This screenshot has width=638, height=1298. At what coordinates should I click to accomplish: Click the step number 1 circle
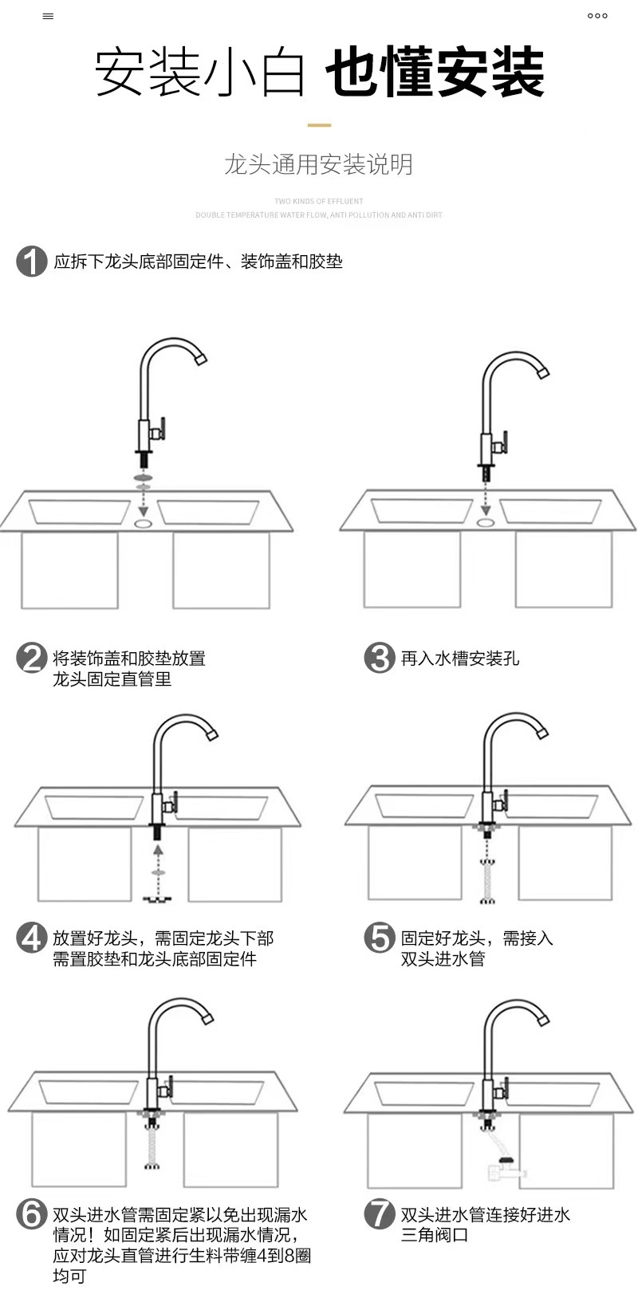tap(32, 262)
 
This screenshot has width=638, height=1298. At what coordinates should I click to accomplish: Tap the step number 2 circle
tap(32, 659)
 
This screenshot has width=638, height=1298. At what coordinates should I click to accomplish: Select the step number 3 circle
tap(380, 659)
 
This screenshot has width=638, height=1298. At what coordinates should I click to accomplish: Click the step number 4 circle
tap(32, 938)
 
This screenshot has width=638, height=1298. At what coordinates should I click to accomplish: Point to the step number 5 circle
tap(380, 938)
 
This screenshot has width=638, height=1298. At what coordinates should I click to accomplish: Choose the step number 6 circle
tap(32, 1214)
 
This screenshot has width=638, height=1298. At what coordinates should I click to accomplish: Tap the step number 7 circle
tap(380, 1214)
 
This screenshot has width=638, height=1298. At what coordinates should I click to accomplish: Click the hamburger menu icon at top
tap(48, 16)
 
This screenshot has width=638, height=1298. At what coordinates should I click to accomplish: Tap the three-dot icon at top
tap(597, 16)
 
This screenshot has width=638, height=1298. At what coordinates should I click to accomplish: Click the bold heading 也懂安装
tap(435, 73)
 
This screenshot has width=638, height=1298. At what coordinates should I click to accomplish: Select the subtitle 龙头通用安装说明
tap(318, 165)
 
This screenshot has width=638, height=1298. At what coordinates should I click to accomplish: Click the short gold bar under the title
tap(319, 125)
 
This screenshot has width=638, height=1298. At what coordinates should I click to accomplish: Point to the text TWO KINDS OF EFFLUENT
tap(318, 202)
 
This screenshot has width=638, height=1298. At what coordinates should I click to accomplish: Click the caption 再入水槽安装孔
tap(459, 659)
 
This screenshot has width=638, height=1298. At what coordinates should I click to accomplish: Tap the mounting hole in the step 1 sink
tap(144, 524)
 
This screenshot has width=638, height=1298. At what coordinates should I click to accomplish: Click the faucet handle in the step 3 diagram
tap(502, 442)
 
